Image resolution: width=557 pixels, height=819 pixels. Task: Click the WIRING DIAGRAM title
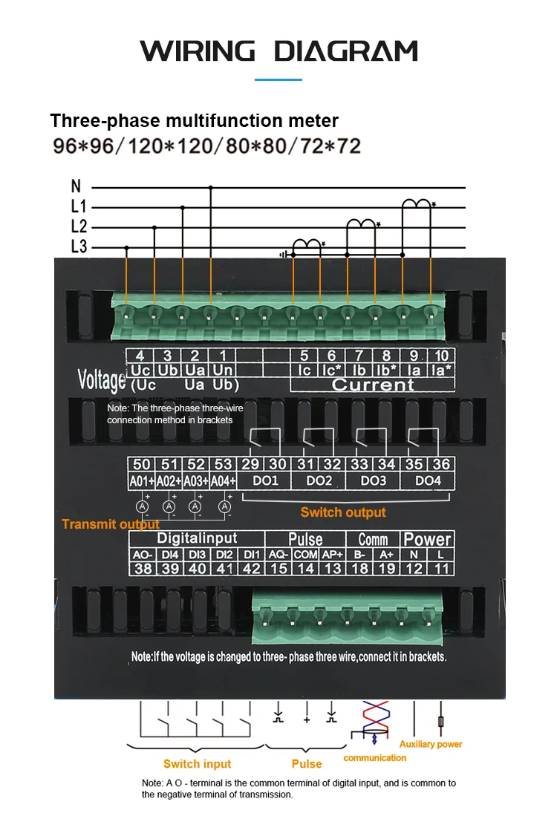pyautogui.click(x=278, y=51)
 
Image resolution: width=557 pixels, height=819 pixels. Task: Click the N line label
pyautogui.click(x=76, y=187)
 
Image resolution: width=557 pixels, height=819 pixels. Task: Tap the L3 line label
pyautogui.click(x=79, y=247)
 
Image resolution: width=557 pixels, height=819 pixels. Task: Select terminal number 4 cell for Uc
pyautogui.click(x=140, y=356)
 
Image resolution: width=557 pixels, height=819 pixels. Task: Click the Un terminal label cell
pyautogui.click(x=221, y=370)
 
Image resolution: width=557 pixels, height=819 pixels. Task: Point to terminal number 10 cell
pyautogui.click(x=441, y=356)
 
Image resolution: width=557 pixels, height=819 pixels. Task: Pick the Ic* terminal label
pyautogui.click(x=331, y=370)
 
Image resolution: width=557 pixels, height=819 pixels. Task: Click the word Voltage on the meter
pyautogui.click(x=102, y=379)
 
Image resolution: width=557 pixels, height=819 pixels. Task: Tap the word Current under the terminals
pyautogui.click(x=372, y=385)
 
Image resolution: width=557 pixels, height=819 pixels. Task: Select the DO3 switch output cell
pyautogui.click(x=373, y=481)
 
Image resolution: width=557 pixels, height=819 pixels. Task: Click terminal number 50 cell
pyautogui.click(x=141, y=465)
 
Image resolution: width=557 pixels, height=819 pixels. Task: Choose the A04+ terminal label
pyautogui.click(x=223, y=481)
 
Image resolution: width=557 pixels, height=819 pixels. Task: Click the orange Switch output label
pyautogui.click(x=343, y=512)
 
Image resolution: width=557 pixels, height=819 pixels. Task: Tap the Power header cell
pyautogui.click(x=427, y=540)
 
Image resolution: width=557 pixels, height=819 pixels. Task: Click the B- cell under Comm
pyautogui.click(x=359, y=554)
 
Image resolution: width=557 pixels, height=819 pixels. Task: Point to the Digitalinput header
pyautogui.click(x=197, y=538)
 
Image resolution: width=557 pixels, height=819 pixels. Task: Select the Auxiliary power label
pyautogui.click(x=431, y=744)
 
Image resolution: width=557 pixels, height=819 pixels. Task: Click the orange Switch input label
pyautogui.click(x=198, y=764)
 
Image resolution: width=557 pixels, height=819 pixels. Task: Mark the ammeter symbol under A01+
pyautogui.click(x=142, y=506)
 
